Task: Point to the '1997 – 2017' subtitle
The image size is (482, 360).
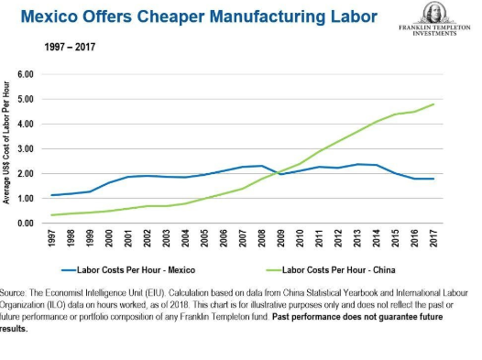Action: tap(70, 45)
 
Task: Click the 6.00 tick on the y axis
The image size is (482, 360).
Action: tap(27, 74)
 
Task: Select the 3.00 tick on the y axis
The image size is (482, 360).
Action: tap(27, 148)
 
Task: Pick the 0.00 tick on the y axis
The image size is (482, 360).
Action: tap(27, 224)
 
